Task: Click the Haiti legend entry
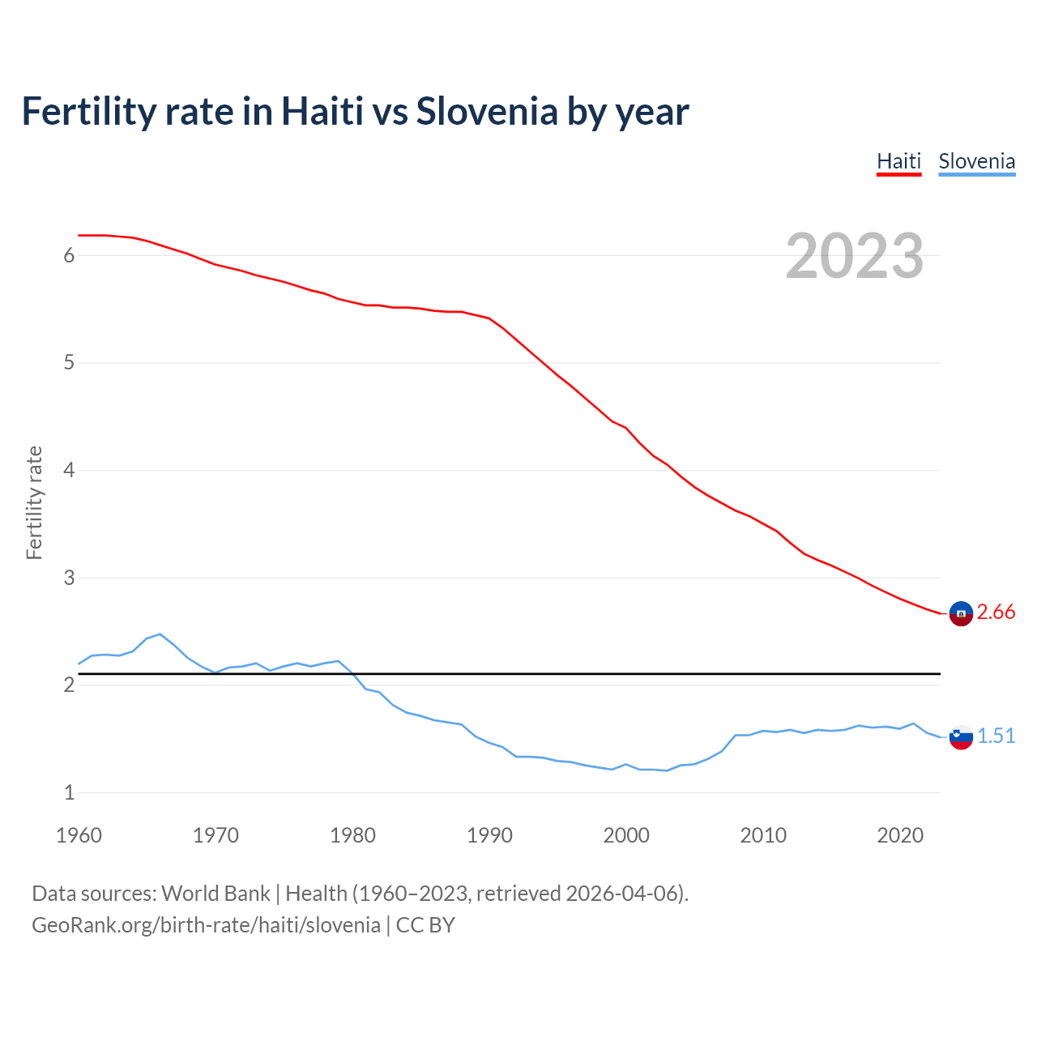point(898,161)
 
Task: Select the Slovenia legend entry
point(976,161)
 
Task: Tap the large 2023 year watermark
point(854,256)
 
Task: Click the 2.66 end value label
point(996,612)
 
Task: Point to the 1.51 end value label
point(996,736)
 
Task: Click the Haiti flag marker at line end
point(961,614)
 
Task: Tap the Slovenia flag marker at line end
point(961,737)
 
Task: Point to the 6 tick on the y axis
point(69,256)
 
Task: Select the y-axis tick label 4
point(69,471)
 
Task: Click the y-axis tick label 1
point(69,793)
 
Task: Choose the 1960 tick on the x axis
point(79,835)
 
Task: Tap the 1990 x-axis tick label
point(489,835)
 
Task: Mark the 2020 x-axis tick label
point(900,835)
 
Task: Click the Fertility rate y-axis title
point(34,502)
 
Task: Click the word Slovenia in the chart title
point(487,111)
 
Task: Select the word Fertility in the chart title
point(87,111)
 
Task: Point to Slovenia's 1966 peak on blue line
point(160,634)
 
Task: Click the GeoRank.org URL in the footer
point(206,925)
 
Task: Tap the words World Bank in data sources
point(216,894)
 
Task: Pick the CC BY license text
point(425,925)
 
